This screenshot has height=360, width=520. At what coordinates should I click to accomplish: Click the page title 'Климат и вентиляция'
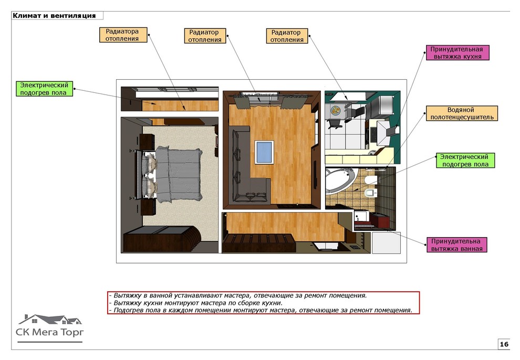(x=54, y=16)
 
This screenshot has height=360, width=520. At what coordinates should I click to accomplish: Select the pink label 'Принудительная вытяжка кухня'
(x=457, y=52)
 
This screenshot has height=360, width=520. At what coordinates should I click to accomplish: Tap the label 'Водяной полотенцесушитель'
(x=462, y=113)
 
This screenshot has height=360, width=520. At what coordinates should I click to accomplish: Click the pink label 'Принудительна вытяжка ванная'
(x=456, y=245)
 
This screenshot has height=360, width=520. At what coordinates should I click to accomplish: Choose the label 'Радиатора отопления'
(x=123, y=35)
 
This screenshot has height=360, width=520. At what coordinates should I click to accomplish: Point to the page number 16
(x=504, y=344)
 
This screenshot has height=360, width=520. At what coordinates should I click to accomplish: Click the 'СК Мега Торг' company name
(x=50, y=332)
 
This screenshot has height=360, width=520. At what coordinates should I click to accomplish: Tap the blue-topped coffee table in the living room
(x=264, y=152)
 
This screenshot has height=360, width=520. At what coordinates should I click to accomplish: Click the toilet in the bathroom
(x=370, y=193)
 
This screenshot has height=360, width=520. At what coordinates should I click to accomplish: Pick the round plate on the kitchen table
(x=336, y=110)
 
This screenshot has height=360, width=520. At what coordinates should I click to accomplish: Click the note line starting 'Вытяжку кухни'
(x=195, y=303)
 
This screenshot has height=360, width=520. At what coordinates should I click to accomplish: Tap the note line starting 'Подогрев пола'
(x=261, y=310)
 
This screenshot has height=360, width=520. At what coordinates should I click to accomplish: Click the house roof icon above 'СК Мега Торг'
(x=50, y=319)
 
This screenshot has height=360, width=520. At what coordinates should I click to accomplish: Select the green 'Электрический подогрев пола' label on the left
(x=45, y=89)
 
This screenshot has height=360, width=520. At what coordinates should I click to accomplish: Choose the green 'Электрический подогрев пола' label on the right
(x=465, y=160)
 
